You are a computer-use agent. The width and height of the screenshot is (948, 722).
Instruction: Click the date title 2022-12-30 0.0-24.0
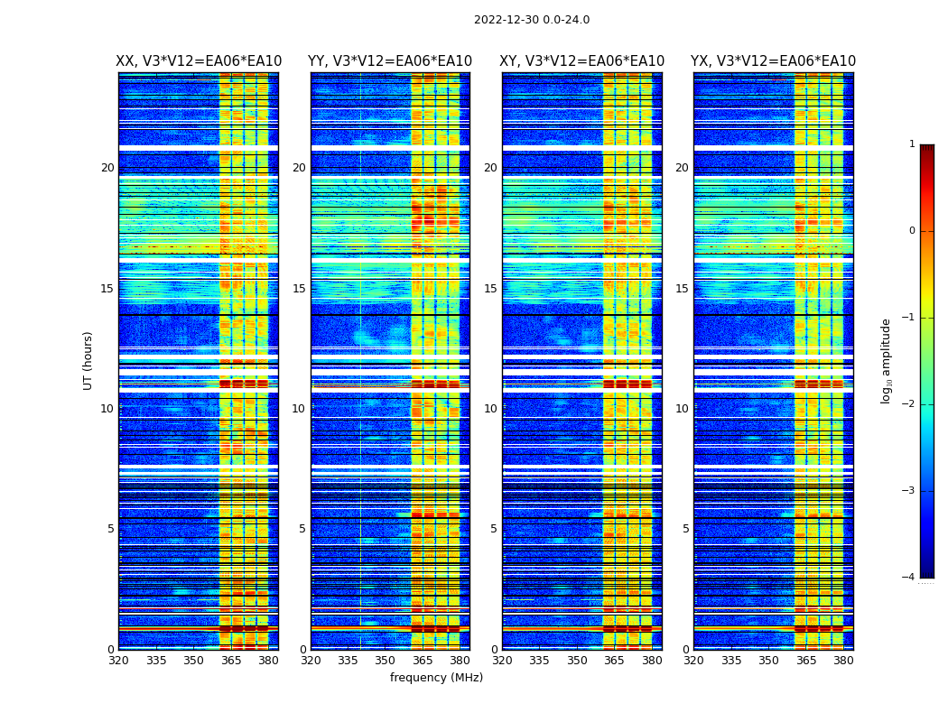point(532,20)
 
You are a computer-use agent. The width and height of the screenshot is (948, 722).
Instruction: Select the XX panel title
point(199,61)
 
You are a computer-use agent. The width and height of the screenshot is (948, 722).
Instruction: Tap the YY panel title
point(390,61)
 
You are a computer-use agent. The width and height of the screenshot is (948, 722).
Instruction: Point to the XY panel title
point(582,61)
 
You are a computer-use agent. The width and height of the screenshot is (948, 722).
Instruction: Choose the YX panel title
point(774,61)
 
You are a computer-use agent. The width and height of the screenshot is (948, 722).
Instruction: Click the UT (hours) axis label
point(88,360)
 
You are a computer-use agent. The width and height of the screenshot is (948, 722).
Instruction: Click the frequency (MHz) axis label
point(436,678)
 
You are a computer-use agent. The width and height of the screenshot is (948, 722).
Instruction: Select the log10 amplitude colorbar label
point(887,361)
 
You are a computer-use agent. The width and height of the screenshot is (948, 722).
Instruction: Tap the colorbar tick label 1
point(912,144)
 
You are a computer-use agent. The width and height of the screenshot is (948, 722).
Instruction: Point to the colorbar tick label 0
point(912,231)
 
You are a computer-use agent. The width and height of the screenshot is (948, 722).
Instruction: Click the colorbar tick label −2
point(909,404)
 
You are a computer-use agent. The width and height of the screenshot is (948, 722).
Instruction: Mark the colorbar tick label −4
point(909,578)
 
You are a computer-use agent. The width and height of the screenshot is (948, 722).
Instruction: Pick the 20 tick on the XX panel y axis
point(107,168)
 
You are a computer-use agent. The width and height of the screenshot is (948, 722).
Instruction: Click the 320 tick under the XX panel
point(118,661)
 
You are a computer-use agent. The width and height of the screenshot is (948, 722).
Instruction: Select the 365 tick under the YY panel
point(423,661)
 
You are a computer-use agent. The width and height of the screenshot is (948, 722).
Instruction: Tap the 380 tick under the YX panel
point(843,661)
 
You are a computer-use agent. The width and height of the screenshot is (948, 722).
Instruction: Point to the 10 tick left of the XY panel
point(490,409)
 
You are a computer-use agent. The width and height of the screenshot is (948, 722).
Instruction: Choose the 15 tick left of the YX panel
point(682,289)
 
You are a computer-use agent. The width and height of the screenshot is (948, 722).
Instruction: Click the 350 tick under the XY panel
point(577,661)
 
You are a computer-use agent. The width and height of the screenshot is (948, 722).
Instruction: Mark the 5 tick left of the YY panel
point(302,529)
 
